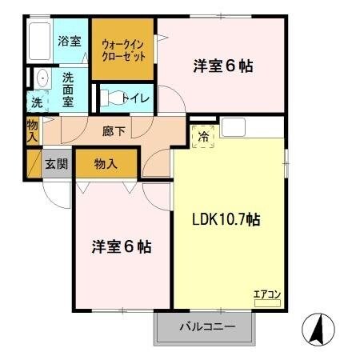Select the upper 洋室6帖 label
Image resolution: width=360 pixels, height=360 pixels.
(223, 66)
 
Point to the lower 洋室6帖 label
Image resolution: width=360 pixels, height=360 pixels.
(121, 246)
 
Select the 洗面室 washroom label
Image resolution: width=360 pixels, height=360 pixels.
(68, 89)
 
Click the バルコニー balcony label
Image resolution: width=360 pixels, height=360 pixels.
(205, 327)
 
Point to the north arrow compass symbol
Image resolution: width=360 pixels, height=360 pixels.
(316, 328)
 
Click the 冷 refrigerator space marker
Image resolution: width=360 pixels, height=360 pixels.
(203, 136)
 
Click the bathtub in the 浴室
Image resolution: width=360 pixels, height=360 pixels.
(38, 42)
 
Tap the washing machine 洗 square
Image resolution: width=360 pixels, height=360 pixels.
(37, 102)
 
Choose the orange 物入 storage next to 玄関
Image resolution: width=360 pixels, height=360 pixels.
(106, 163)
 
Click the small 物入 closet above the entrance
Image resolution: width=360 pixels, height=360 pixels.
(33, 130)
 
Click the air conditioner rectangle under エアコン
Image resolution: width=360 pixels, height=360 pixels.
(266, 302)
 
